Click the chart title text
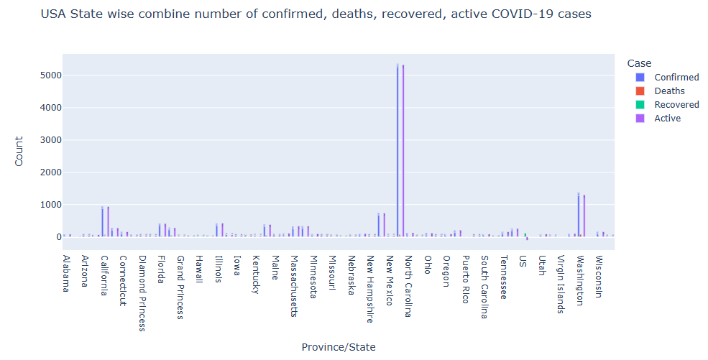tap(316, 14)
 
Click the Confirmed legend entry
tap(676, 78)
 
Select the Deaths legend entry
tap(669, 91)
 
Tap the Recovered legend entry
tap(676, 105)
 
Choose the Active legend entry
tap(667, 119)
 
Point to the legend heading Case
tap(639, 63)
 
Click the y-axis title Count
tap(19, 152)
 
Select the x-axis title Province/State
tap(339, 347)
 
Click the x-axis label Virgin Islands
tap(561, 285)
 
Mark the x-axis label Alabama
tap(66, 274)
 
